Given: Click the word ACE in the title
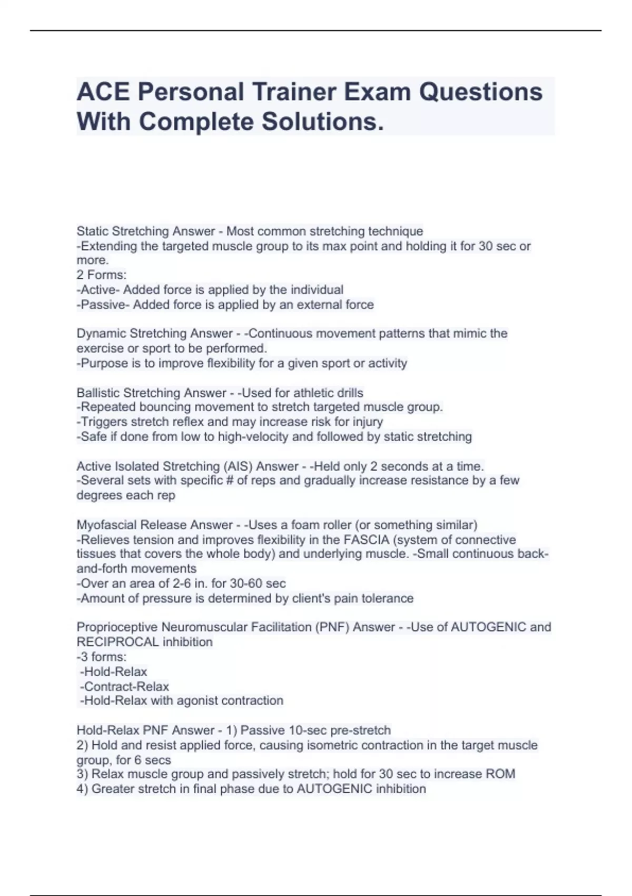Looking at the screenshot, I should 103,92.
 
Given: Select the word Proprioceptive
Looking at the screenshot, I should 117,627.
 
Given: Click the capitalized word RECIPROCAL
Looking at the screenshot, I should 117,642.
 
